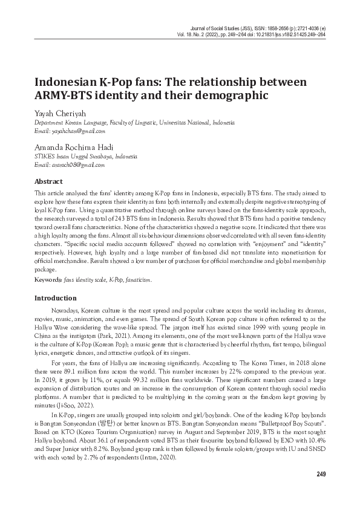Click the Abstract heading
pos(48,181)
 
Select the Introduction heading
pos(56,298)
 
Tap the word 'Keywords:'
pos(48,280)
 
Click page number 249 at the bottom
pos(321,473)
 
